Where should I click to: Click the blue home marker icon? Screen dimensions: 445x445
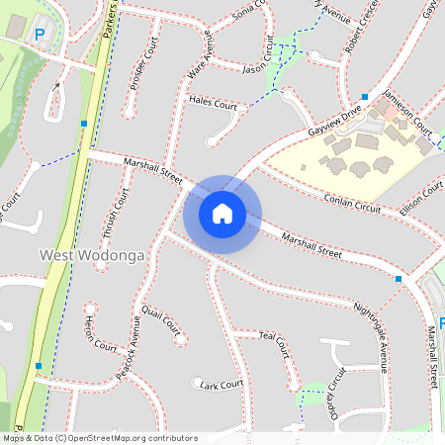tap(222, 214)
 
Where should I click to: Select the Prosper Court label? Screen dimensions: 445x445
tap(144, 66)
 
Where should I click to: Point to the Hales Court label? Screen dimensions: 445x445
tap(213, 103)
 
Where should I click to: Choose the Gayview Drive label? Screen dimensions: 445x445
tap(335, 117)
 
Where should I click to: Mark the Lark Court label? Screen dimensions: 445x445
tap(221, 384)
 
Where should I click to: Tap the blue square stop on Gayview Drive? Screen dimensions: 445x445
tap(365, 97)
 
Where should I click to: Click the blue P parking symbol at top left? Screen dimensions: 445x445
tap(41, 34)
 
